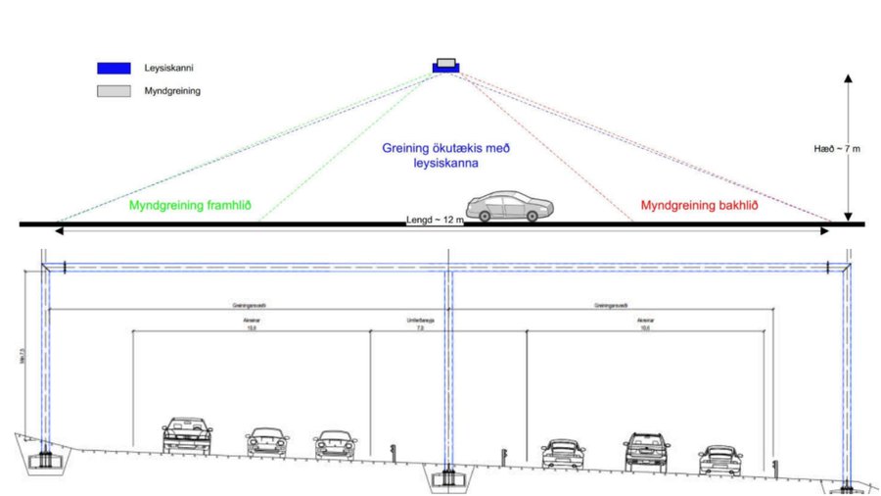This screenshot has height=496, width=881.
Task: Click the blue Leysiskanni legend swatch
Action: point(114,69)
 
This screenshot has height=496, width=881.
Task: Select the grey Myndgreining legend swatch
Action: point(114,91)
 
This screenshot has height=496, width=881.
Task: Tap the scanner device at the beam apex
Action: point(445,66)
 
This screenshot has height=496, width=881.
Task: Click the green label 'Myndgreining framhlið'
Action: point(191,206)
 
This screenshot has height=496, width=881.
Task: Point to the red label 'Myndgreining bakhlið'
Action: point(700,206)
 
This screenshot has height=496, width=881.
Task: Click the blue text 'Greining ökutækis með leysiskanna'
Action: point(446,157)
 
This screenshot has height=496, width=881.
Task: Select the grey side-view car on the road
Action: point(509,207)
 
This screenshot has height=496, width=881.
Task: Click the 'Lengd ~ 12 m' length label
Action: point(435,222)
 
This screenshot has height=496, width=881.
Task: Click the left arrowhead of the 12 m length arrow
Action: point(61,231)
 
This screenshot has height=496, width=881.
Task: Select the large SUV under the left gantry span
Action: point(187,435)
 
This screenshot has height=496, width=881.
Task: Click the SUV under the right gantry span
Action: point(646,450)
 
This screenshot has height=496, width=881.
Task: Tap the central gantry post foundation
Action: point(448,477)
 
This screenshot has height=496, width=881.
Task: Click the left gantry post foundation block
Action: point(45,457)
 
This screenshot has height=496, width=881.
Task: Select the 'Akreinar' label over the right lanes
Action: point(645,322)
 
